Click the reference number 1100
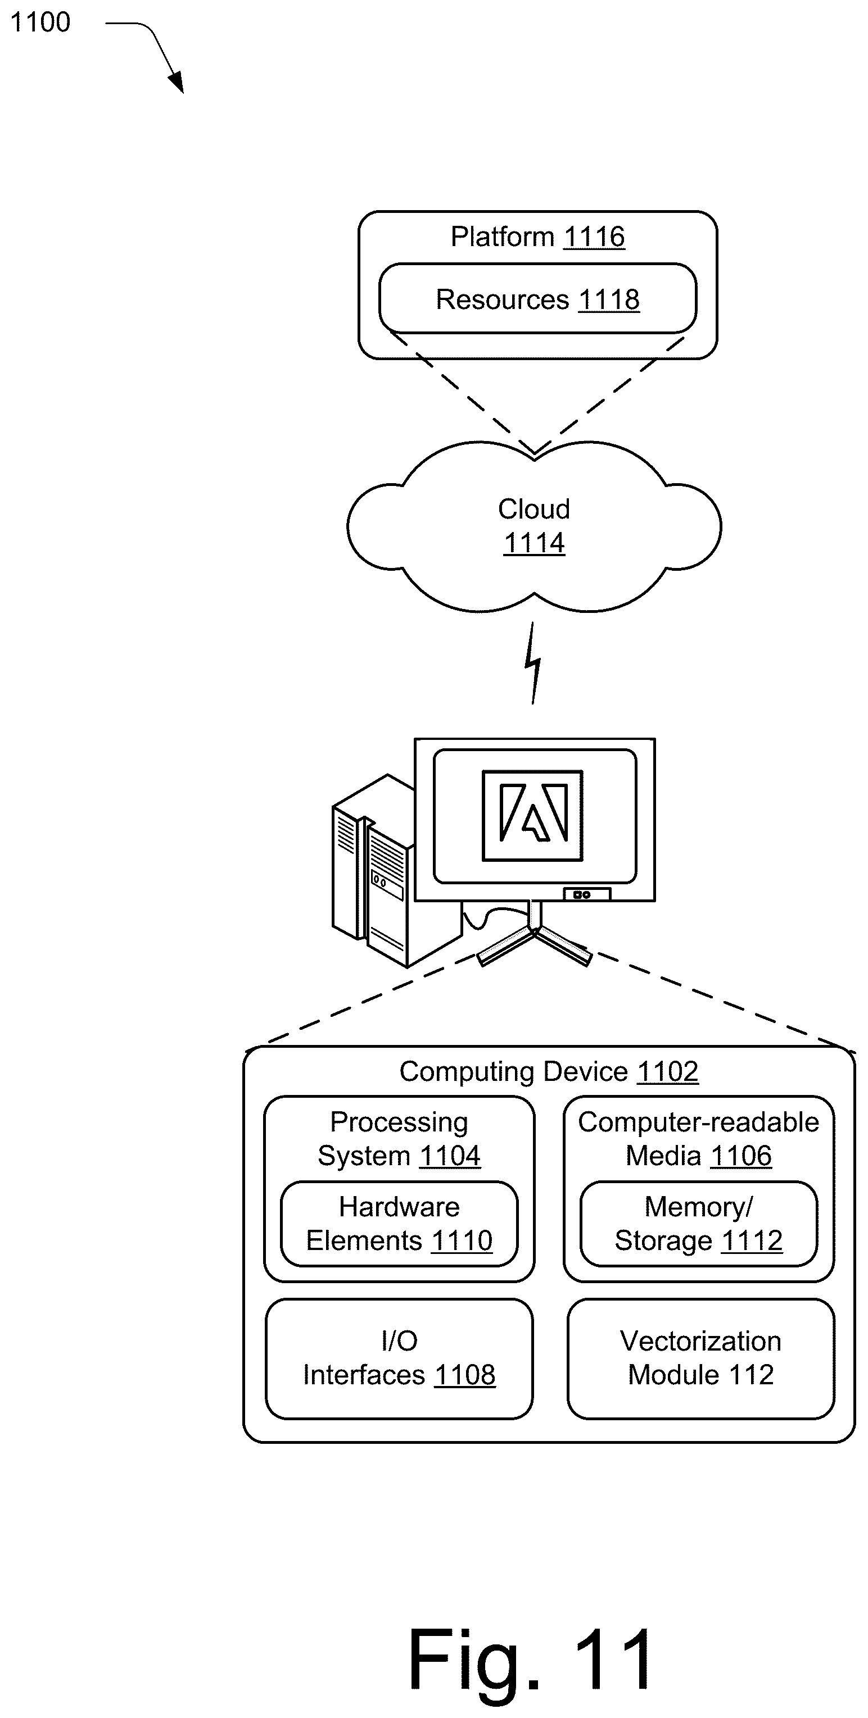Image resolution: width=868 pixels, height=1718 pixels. click(x=40, y=22)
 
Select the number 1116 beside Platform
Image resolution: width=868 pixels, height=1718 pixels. click(x=594, y=237)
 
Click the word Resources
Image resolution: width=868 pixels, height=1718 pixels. click(x=501, y=299)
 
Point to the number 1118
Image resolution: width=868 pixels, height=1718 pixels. click(x=608, y=300)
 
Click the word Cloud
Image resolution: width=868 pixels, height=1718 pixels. click(x=534, y=509)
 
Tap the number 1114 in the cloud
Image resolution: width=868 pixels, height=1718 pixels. click(x=534, y=543)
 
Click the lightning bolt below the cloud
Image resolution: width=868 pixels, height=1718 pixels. click(x=532, y=663)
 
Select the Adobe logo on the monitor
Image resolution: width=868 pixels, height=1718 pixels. click(x=532, y=815)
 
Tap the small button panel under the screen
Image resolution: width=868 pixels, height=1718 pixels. click(x=586, y=894)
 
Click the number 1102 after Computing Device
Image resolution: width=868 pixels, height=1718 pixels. click(x=667, y=1072)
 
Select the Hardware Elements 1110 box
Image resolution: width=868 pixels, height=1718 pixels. click(x=399, y=1224)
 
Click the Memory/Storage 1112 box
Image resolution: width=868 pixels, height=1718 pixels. click(x=699, y=1224)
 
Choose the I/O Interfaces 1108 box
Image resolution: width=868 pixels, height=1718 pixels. click(x=399, y=1358)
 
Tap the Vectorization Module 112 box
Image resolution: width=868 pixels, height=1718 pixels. click(x=700, y=1358)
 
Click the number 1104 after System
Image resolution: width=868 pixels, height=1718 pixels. click(x=450, y=1156)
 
